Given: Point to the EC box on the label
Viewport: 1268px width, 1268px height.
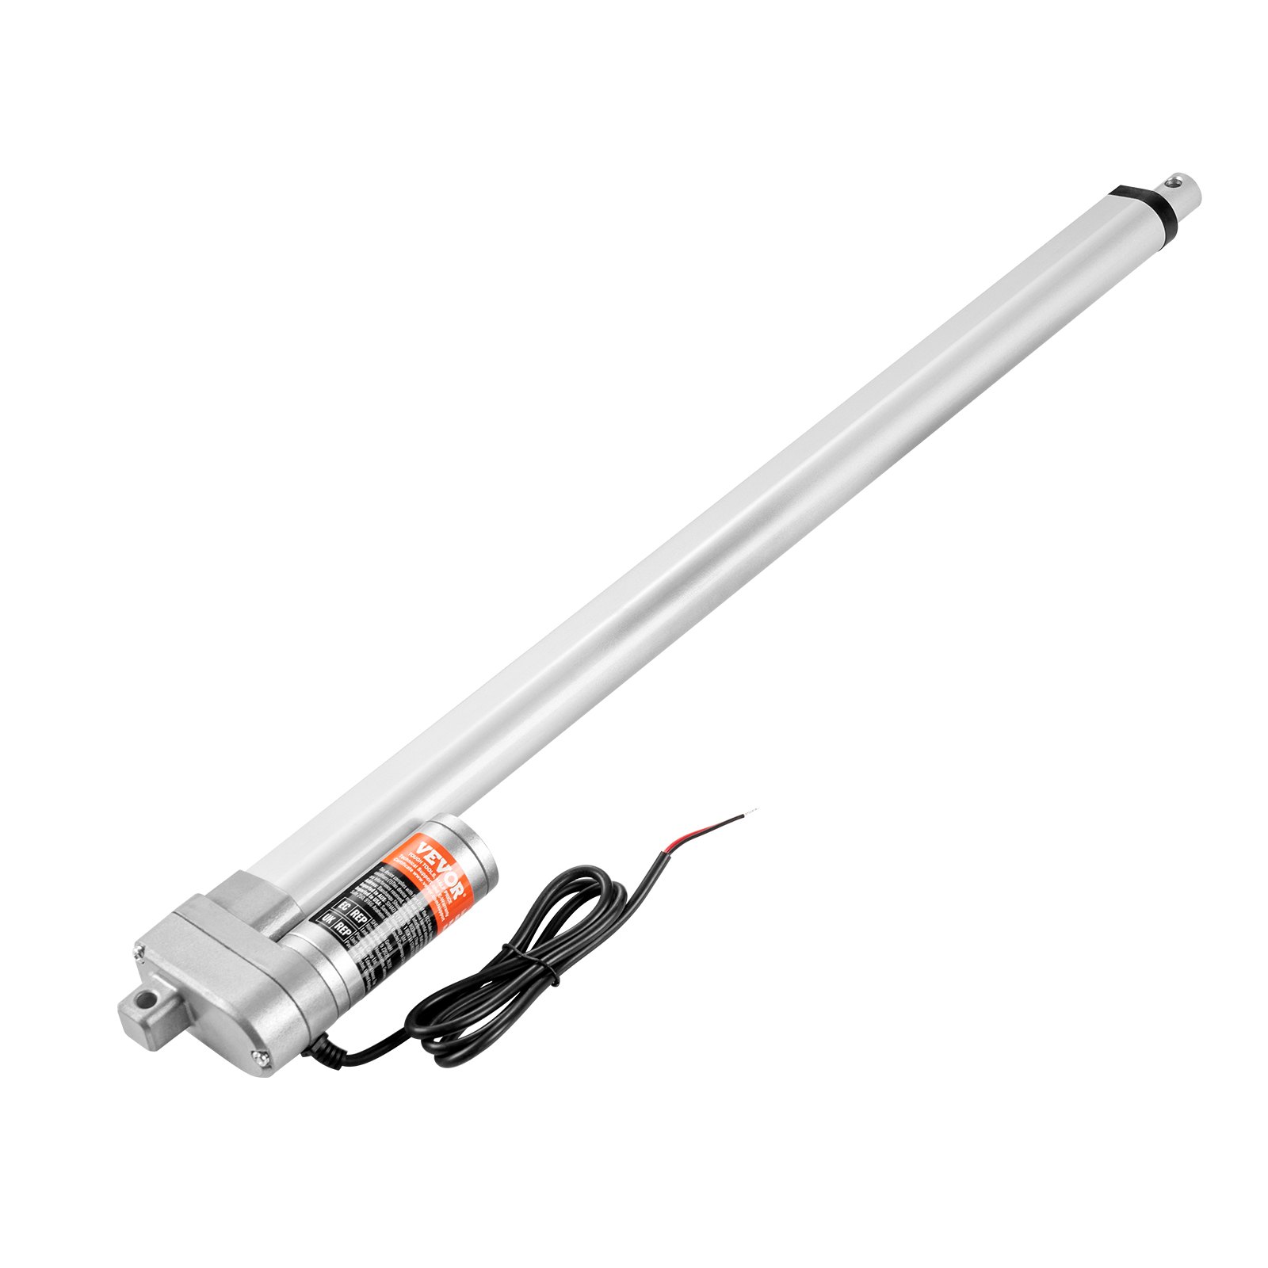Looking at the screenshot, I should click(342, 905).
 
